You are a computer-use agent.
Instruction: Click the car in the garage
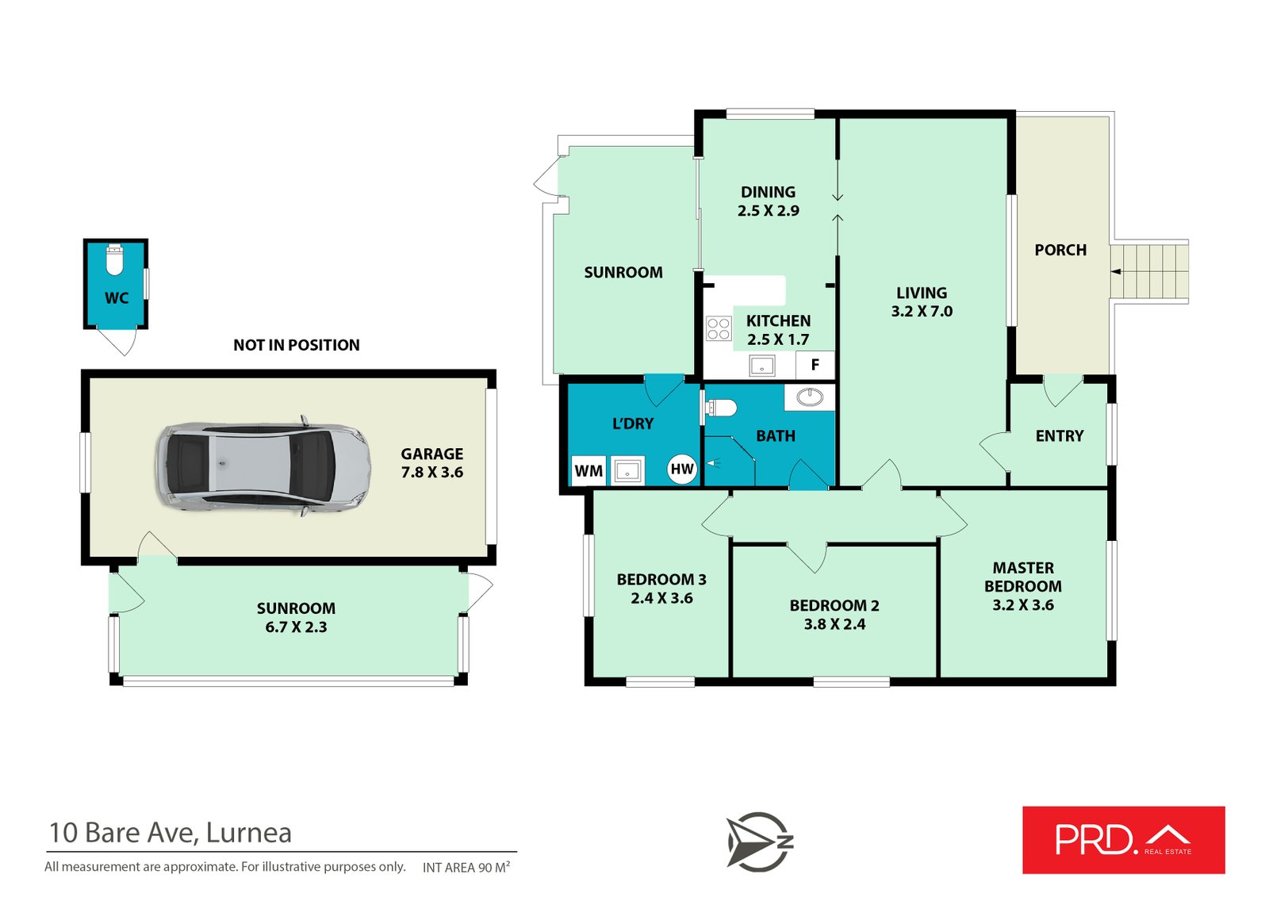[263, 466]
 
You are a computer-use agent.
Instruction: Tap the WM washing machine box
[588, 470]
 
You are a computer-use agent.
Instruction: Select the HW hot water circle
[681, 469]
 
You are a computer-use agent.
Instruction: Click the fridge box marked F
[815, 365]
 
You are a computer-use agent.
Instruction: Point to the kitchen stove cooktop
[719, 328]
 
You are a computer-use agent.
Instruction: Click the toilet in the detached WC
[114, 260]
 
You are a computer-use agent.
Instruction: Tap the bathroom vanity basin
[810, 397]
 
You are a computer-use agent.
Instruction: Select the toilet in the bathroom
[721, 408]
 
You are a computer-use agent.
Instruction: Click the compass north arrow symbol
[759, 841]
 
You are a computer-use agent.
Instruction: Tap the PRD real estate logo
[1123, 840]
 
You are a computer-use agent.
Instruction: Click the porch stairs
[1149, 272]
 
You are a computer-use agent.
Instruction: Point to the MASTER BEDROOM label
[1023, 577]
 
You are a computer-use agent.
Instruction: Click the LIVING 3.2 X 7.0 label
[922, 302]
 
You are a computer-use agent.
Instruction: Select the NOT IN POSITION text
[297, 345]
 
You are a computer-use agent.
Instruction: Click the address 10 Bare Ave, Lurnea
[170, 833]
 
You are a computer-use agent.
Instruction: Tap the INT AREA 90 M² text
[466, 868]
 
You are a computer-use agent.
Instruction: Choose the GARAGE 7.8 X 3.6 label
[431, 463]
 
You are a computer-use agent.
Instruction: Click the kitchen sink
[762, 366]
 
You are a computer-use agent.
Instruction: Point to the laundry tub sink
[627, 471]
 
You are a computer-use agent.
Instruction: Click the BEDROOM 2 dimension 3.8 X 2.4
[834, 624]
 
